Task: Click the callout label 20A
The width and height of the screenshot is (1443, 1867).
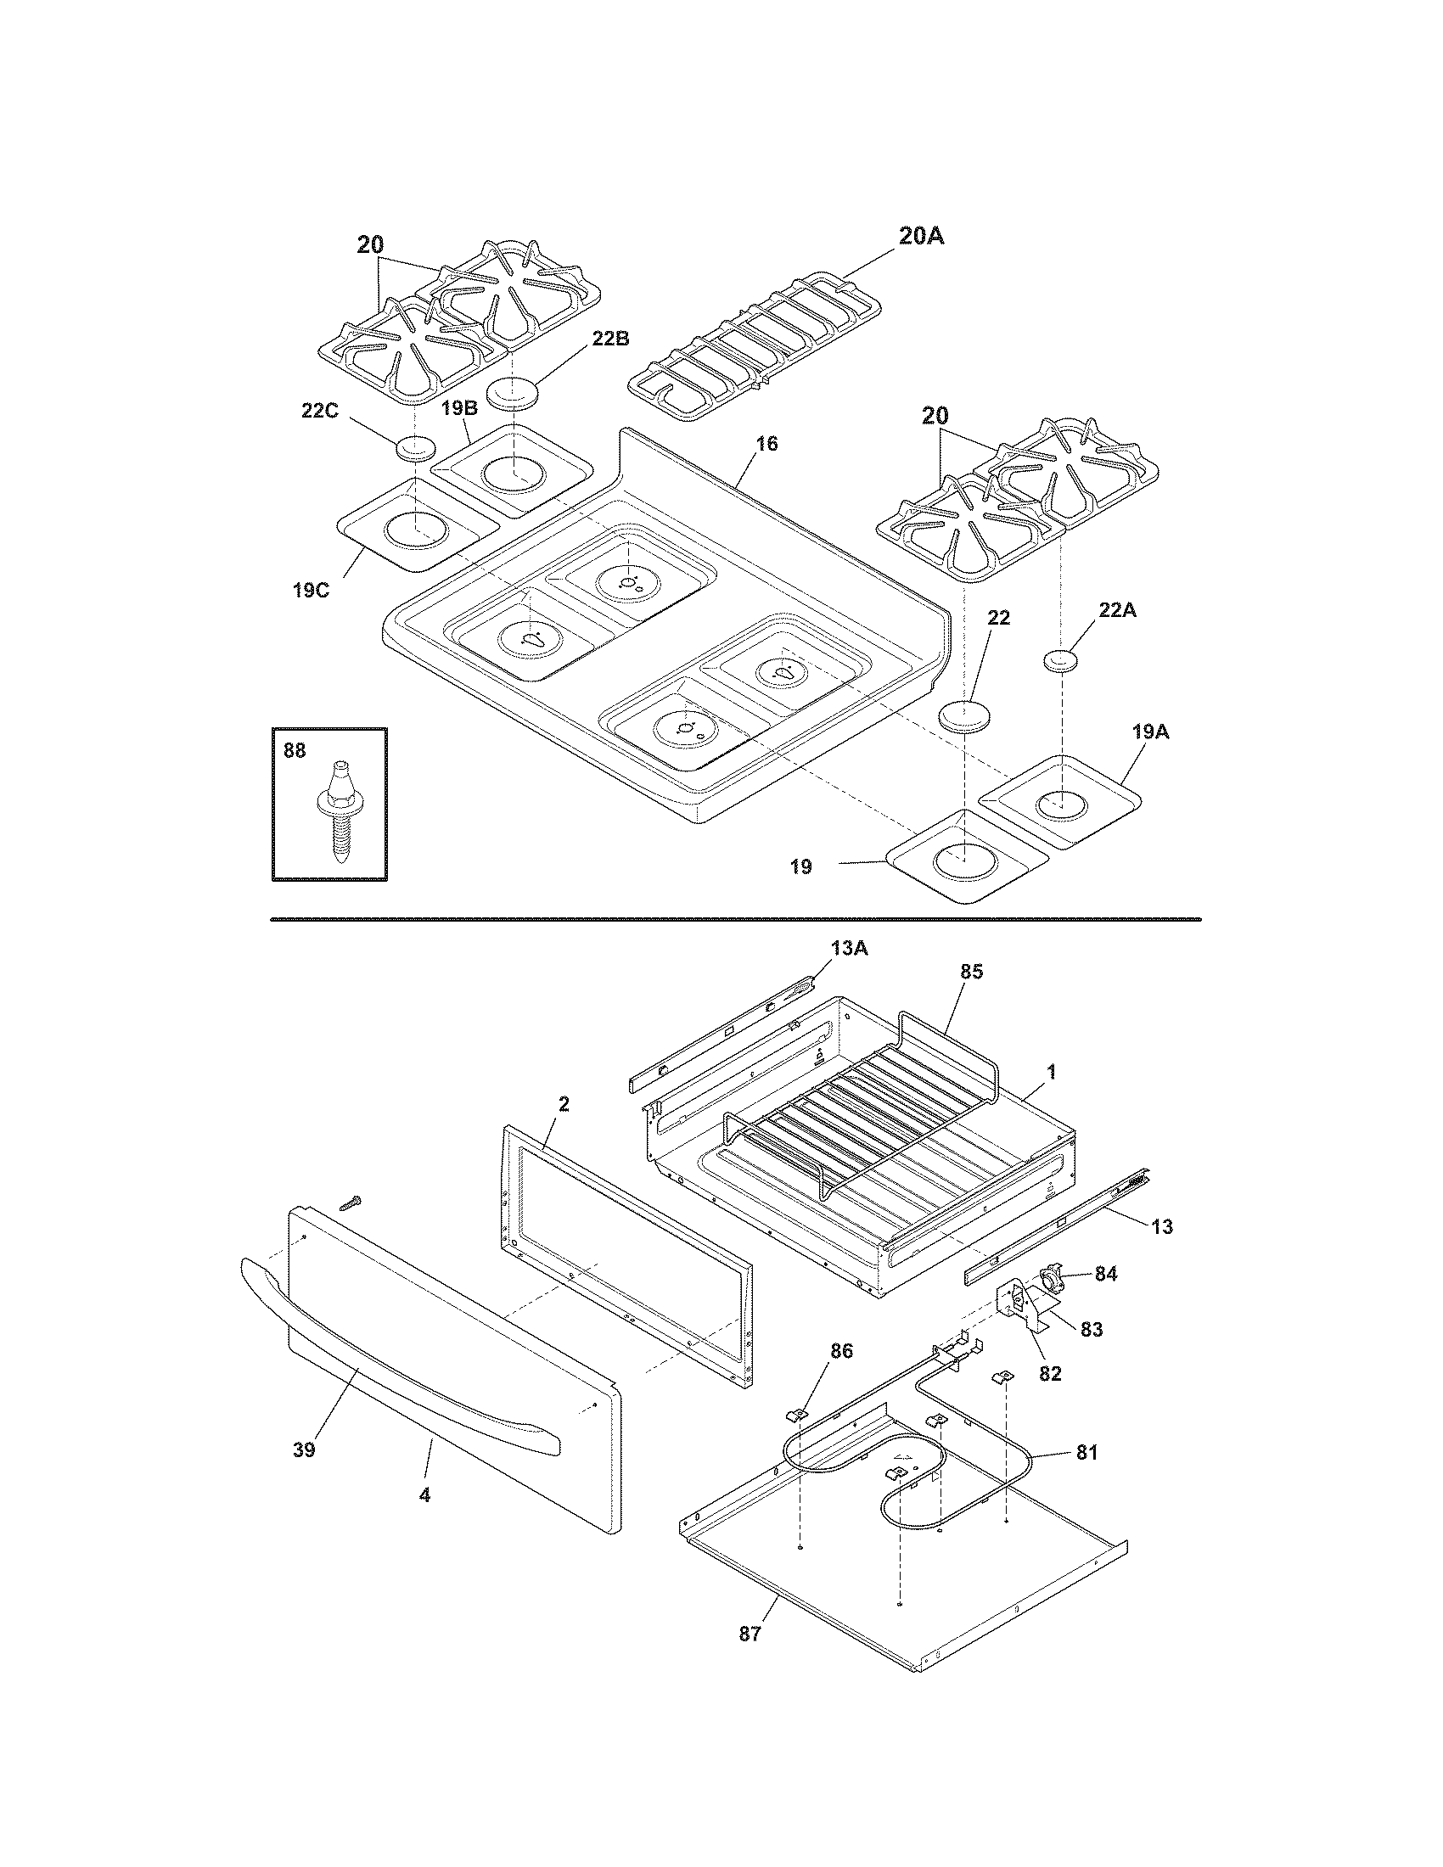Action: coord(920,236)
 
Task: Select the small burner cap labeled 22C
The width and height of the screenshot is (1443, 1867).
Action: coord(415,447)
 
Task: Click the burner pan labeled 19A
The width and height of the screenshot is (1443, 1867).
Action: coord(1060,802)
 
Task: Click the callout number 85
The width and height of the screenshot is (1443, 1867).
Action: coord(971,972)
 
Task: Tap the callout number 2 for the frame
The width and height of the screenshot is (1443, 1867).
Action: coord(563,1103)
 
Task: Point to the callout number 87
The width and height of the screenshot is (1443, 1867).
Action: coord(749,1634)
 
